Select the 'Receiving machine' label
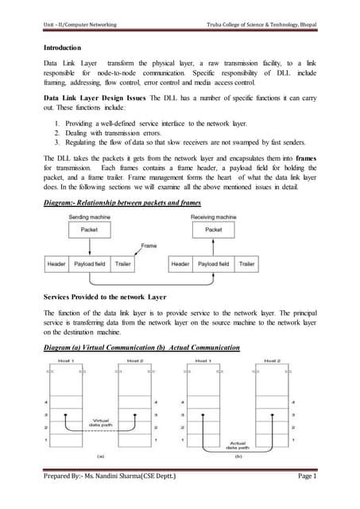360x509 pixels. pyautogui.click(x=213, y=239)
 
